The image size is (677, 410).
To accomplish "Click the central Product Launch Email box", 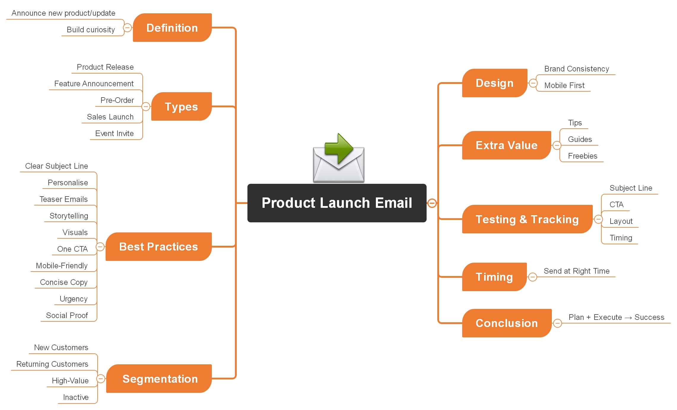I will pyautogui.click(x=337, y=203).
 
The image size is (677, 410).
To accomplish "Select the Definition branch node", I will pyautogui.click(x=172, y=28).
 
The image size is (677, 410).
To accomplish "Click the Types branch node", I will pyautogui.click(x=181, y=106).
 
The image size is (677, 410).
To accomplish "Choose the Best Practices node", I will pyautogui.click(x=158, y=247).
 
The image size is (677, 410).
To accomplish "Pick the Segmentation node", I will pyautogui.click(x=160, y=379).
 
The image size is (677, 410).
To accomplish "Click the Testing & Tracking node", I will pyautogui.click(x=527, y=219).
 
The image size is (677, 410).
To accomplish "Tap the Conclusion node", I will pyautogui.click(x=507, y=323).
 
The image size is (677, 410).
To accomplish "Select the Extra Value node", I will pyautogui.click(x=506, y=145).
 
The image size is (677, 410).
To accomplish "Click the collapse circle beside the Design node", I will pyautogui.click(x=533, y=83).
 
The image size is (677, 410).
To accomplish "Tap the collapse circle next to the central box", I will pyautogui.click(x=432, y=203).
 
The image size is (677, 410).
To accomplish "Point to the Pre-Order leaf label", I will pyautogui.click(x=117, y=100).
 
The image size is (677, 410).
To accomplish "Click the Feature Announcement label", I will pyautogui.click(x=94, y=84).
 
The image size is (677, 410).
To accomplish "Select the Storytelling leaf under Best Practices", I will pyautogui.click(x=69, y=216).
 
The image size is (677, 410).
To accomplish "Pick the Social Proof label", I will pyautogui.click(x=67, y=315).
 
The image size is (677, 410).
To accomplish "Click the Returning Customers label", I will pyautogui.click(x=52, y=364).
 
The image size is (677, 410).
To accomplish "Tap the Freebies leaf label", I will pyautogui.click(x=582, y=156).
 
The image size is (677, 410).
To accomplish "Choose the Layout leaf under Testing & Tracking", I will pyautogui.click(x=621, y=221).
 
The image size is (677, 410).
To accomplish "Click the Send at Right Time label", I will pyautogui.click(x=576, y=271).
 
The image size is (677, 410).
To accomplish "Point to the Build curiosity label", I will pyautogui.click(x=90, y=30).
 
